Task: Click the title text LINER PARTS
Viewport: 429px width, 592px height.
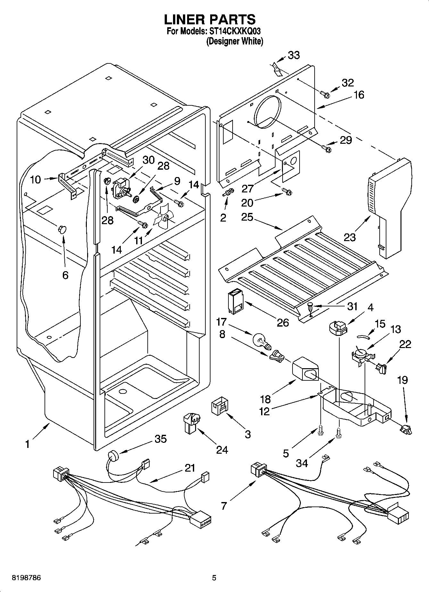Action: pyautogui.click(x=210, y=20)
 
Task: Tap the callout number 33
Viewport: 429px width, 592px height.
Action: pyautogui.click(x=293, y=55)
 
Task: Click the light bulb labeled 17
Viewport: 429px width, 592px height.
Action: pyautogui.click(x=262, y=341)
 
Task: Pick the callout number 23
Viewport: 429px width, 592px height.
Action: pyautogui.click(x=350, y=237)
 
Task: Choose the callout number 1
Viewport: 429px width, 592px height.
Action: pyautogui.click(x=28, y=444)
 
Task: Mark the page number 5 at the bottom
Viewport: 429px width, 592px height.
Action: pyautogui.click(x=214, y=578)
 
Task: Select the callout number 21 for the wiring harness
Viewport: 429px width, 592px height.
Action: pyautogui.click(x=190, y=468)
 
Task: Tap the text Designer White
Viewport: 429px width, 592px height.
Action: pyautogui.click(x=235, y=42)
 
